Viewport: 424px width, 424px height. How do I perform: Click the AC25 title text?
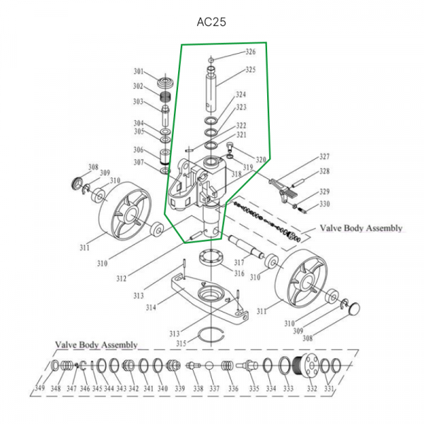click(x=211, y=22)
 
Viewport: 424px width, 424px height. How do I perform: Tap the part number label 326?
click(x=250, y=52)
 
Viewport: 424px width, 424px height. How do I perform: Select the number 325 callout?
click(x=250, y=70)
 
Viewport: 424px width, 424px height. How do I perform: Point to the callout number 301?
click(x=139, y=71)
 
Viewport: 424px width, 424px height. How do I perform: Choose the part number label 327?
click(x=324, y=157)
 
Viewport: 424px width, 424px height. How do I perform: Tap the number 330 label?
click(x=324, y=205)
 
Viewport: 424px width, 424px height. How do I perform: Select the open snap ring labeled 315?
click(x=212, y=334)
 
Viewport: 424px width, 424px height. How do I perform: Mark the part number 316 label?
click(x=239, y=274)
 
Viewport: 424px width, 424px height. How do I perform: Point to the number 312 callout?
click(x=121, y=277)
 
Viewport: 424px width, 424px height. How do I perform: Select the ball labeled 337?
click(x=211, y=367)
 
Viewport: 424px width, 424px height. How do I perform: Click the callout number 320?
click(x=260, y=160)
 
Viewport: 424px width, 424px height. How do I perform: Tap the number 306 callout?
click(x=139, y=150)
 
